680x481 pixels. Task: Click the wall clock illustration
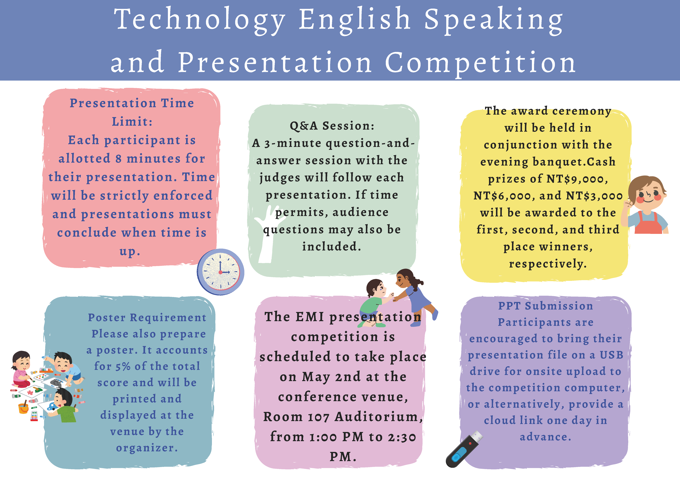(x=221, y=272)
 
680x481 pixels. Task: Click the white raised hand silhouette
(x=268, y=234)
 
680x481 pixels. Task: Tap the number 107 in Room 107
(x=319, y=417)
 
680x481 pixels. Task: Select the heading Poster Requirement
(x=147, y=317)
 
